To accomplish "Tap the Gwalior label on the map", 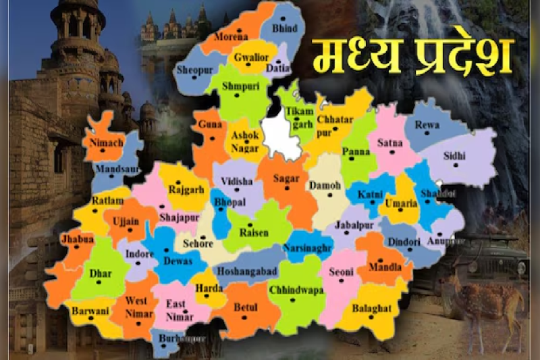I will (x=250, y=57).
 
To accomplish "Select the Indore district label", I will (x=140, y=254).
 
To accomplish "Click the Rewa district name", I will (x=427, y=125).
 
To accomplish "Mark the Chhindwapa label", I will (x=296, y=290).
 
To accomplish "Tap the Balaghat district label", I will (x=371, y=309).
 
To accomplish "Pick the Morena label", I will (x=231, y=37).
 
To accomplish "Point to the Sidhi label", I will (x=454, y=156).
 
